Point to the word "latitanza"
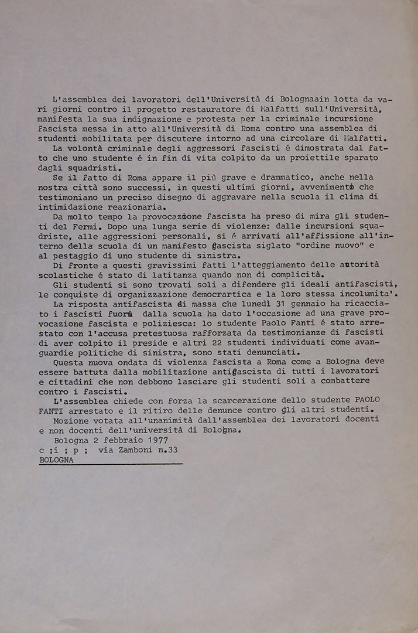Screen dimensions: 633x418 point(172,275)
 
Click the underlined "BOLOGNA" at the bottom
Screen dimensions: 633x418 point(57,460)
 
